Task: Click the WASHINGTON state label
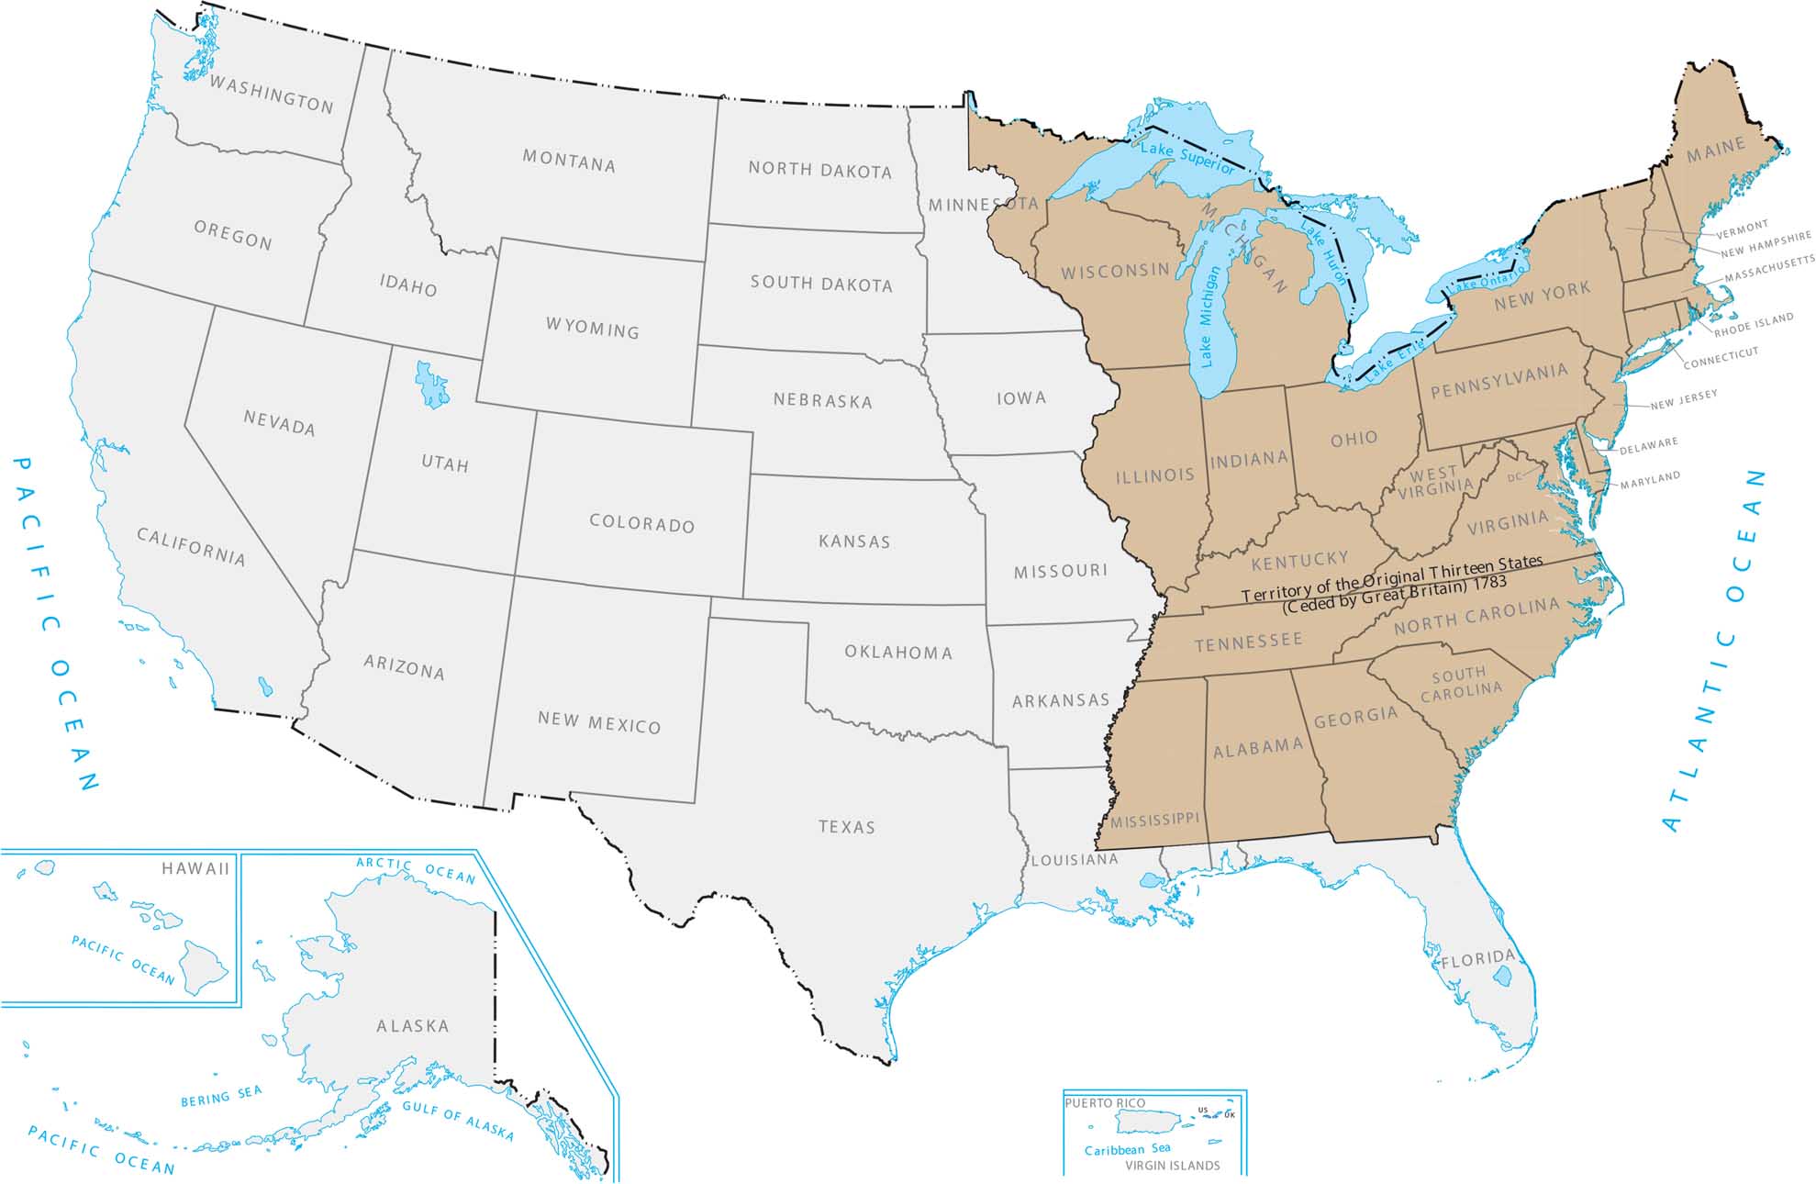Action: pos(272,95)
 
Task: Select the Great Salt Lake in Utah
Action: pos(430,384)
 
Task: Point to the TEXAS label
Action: pos(846,827)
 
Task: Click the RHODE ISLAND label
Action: pos(1754,325)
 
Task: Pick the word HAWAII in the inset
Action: pos(195,868)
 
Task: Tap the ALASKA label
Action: pos(413,1026)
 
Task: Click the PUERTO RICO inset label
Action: pos(1106,1103)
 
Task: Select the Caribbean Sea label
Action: pos(1127,1149)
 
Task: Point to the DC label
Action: pos(1514,477)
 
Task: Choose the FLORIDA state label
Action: pos(1477,960)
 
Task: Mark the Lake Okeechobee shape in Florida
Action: pos(1502,977)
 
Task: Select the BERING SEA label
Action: pos(221,1096)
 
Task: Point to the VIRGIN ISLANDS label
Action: pos(1173,1166)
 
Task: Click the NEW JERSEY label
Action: pos(1684,399)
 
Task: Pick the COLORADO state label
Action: pos(641,523)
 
